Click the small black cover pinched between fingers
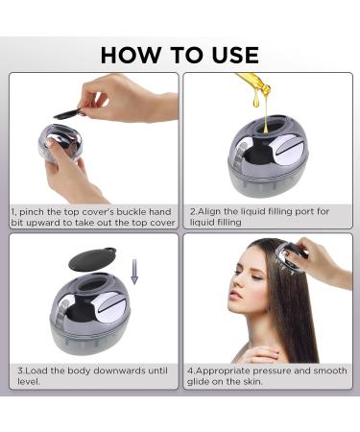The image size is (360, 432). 66,114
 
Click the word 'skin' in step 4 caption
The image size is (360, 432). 259,381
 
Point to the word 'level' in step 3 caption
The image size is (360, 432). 25,381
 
